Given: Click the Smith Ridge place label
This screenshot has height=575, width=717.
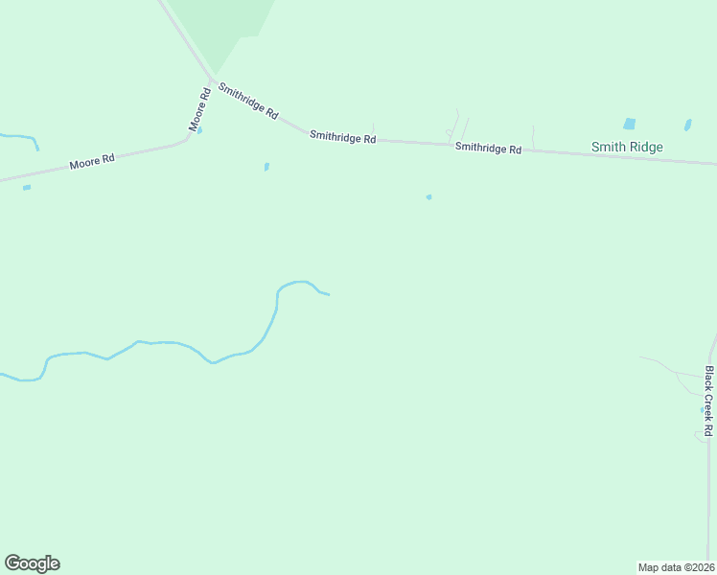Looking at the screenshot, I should pos(627,147).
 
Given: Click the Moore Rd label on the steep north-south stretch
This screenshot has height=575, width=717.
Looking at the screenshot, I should pos(199,110).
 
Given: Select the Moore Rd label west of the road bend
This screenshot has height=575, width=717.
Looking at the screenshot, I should pos(92,163).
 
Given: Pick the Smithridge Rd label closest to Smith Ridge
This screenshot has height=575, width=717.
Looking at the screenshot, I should pos(488,148).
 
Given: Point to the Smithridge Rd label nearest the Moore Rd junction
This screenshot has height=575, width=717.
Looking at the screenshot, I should pos(247,101).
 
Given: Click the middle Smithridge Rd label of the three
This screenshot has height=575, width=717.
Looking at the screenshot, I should pos(342,138).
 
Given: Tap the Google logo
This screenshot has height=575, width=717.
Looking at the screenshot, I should pos(32,563).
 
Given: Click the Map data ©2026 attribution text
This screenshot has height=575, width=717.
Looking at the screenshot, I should pos(676,566).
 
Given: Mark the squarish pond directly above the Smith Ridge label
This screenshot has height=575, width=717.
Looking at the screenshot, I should pos(629,124).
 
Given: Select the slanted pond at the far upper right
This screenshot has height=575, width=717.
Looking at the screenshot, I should pos(687,125).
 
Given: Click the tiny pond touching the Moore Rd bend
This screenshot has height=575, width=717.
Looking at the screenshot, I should pos(199,131).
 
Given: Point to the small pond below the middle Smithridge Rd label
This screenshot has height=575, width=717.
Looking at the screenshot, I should pos(266,167).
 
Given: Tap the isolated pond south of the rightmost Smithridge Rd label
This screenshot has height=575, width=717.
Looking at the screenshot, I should pos(428,197).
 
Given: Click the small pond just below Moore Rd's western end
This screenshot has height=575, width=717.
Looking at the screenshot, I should pos(27,187).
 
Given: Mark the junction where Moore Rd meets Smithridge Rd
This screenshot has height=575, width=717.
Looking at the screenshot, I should pos(212,80).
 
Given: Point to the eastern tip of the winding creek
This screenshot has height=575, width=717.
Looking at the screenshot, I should pos(327,293).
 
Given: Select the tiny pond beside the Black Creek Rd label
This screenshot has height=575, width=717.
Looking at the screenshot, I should pos(701,409).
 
